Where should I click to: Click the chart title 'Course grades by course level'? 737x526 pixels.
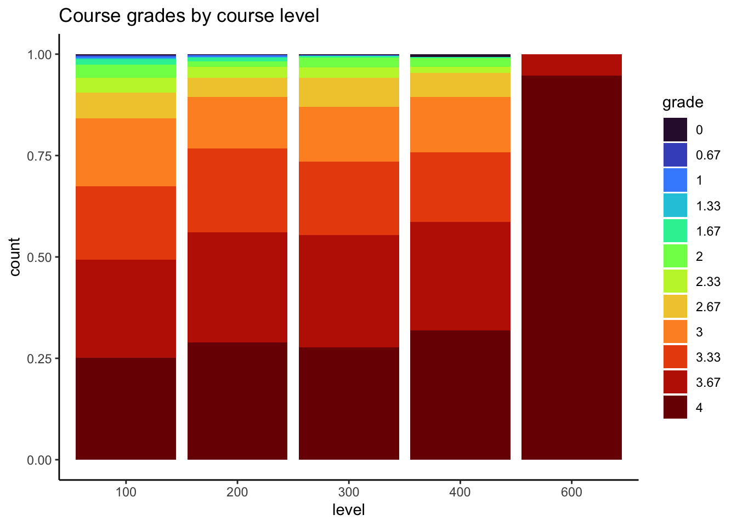click(x=189, y=16)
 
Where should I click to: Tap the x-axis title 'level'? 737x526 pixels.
click(x=348, y=510)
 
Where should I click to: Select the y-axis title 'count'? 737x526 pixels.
click(x=15, y=256)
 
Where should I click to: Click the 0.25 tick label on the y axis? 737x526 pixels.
click(x=39, y=358)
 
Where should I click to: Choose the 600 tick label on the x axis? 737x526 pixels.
click(x=571, y=492)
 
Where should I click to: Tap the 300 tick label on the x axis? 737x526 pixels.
click(x=349, y=492)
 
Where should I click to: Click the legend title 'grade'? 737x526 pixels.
click(x=683, y=102)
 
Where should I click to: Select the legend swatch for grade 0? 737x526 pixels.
click(x=675, y=130)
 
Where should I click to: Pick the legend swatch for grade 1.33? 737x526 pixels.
click(x=675, y=205)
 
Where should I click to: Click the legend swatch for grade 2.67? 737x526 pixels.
click(x=675, y=307)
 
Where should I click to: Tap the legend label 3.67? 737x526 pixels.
click(x=708, y=382)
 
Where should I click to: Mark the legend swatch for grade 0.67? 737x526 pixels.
click(x=675, y=155)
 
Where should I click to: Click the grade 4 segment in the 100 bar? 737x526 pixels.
click(x=126, y=408)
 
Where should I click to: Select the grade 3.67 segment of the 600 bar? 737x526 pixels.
click(x=571, y=65)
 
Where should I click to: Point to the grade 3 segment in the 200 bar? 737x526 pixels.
click(x=237, y=123)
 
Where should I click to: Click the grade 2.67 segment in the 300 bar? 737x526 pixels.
click(x=349, y=92)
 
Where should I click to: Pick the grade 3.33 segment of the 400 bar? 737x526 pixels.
click(x=460, y=187)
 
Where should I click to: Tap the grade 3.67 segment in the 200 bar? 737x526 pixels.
click(x=237, y=287)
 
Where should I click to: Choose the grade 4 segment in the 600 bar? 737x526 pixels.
click(x=571, y=267)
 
